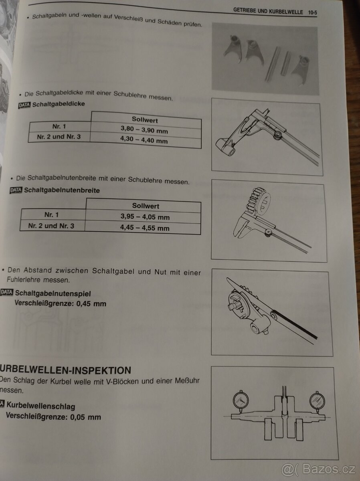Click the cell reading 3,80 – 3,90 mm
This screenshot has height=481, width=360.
[144, 131]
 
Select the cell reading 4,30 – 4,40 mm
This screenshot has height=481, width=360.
[144, 141]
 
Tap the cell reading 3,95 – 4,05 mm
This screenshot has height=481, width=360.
[145, 217]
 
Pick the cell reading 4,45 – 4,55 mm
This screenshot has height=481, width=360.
[145, 228]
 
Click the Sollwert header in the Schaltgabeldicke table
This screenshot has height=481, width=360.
[145, 120]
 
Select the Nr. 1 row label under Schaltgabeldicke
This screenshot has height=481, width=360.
[59, 126]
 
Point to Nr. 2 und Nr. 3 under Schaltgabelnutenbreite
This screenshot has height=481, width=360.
[51, 226]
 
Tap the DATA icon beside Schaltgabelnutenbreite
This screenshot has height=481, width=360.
[16, 190]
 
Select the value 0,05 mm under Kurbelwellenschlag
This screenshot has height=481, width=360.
[85, 416]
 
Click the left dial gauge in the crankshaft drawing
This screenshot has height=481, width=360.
[240, 400]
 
